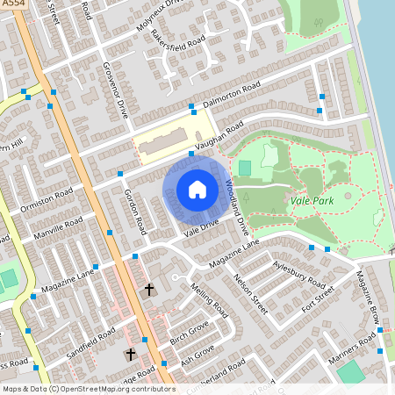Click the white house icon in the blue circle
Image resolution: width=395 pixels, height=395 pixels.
click(197, 189)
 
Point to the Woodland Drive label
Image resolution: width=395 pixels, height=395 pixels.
click(233, 202)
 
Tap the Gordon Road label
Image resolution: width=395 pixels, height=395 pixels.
click(133, 212)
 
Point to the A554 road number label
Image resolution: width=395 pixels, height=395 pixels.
click(14, 5)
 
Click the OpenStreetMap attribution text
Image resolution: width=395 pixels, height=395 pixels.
click(89, 388)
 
